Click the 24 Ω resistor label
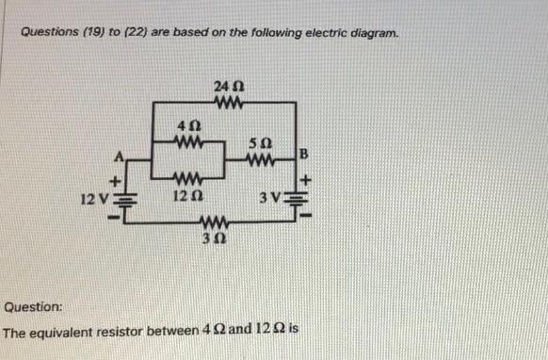[x=229, y=86]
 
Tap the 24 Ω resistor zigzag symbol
[x=229, y=102]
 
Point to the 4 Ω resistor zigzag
[x=188, y=142]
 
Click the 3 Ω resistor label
[x=215, y=238]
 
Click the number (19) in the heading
[x=99, y=34]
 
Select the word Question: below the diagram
[x=33, y=307]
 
